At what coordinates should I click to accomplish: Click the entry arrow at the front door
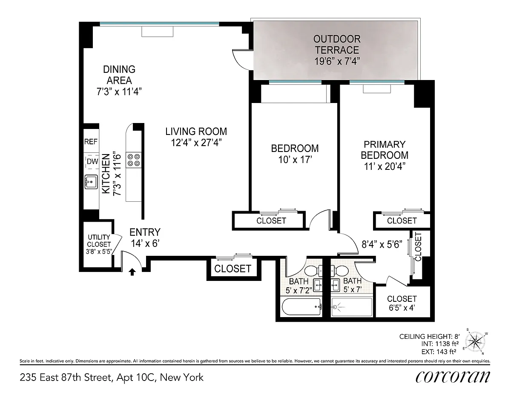[x=132, y=272]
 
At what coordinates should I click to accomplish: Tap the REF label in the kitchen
[x=91, y=142]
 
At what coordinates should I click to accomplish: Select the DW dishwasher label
[x=92, y=161]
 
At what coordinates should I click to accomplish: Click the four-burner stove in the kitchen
[x=134, y=160]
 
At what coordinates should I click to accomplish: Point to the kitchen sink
[x=91, y=182]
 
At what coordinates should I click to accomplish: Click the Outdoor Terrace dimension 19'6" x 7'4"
[x=337, y=61]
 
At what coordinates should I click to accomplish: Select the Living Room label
[x=196, y=132]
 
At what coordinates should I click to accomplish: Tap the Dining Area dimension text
[x=119, y=92]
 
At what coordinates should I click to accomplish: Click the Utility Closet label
[x=99, y=240]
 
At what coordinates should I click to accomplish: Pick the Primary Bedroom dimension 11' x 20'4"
[x=385, y=166]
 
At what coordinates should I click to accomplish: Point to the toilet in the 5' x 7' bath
[x=339, y=271]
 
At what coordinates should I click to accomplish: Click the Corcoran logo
[x=453, y=377]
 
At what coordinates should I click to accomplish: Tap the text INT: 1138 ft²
[x=440, y=344]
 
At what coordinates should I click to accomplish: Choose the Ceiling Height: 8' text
[x=429, y=337]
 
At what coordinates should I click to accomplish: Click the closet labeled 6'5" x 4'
[x=402, y=303]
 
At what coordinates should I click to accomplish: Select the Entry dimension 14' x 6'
[x=145, y=243]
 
